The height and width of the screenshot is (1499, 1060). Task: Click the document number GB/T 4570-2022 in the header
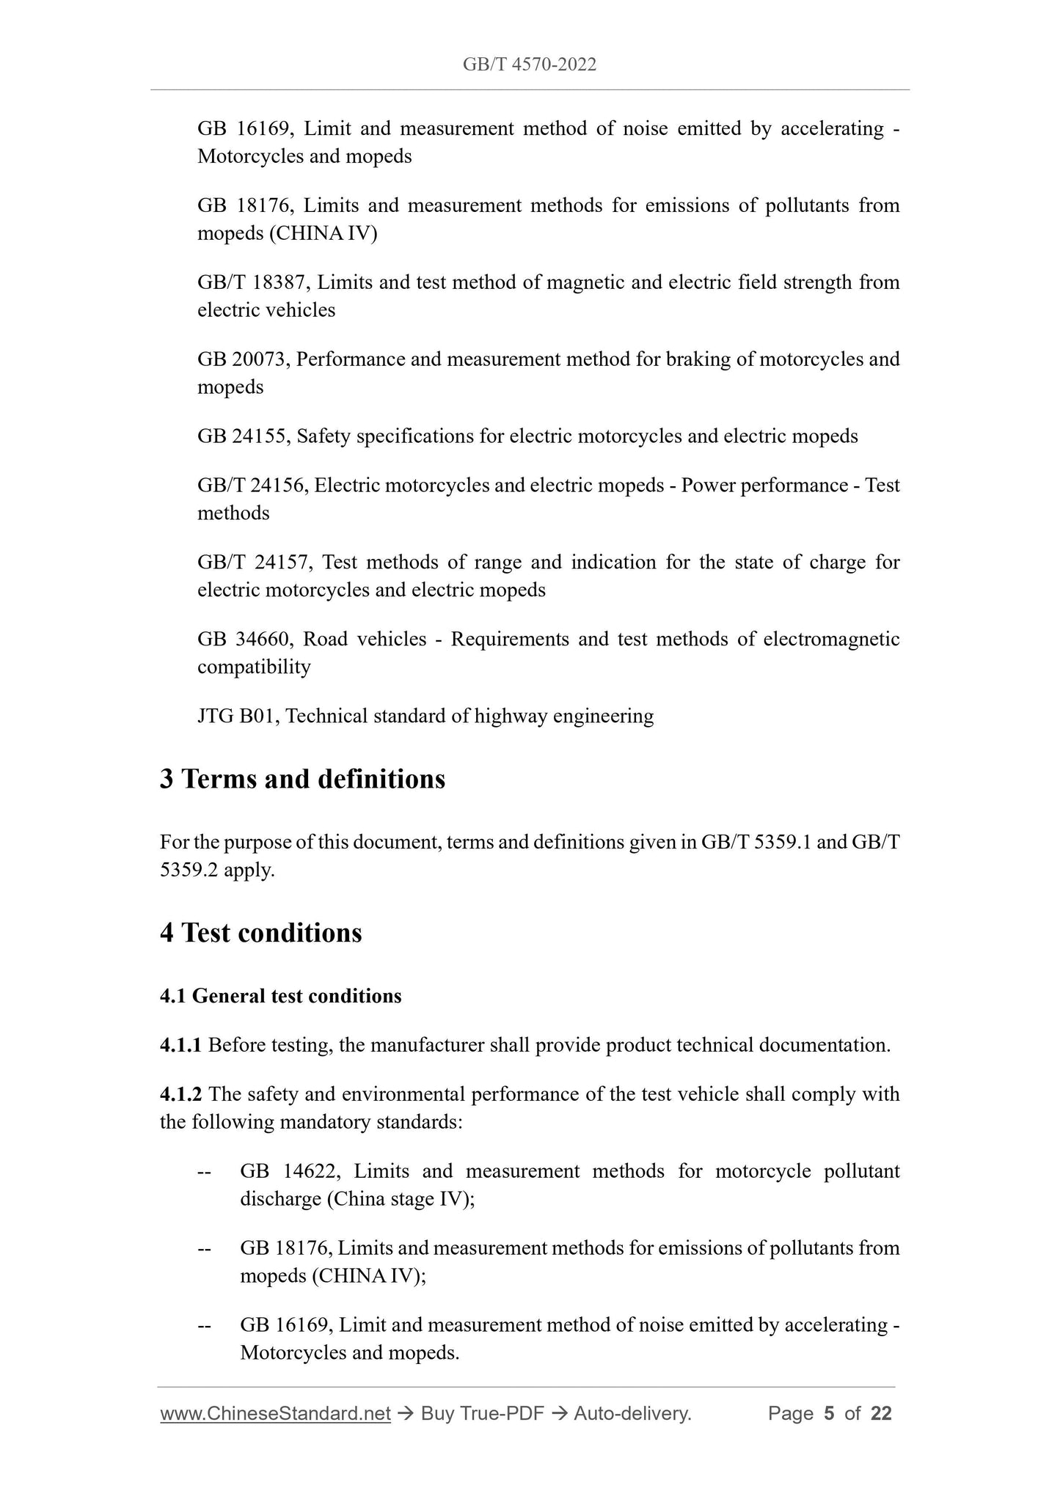529,65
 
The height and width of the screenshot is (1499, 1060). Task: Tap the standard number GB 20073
244,359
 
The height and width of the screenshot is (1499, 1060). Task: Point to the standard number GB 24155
244,436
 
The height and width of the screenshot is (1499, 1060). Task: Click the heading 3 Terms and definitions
302,779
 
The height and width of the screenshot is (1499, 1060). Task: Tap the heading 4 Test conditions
261,933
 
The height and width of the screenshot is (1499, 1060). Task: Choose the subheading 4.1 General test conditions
280,996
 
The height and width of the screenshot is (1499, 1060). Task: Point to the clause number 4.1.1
180,1045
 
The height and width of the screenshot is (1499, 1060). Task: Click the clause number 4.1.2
180,1094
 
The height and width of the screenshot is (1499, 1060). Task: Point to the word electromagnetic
831,639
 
